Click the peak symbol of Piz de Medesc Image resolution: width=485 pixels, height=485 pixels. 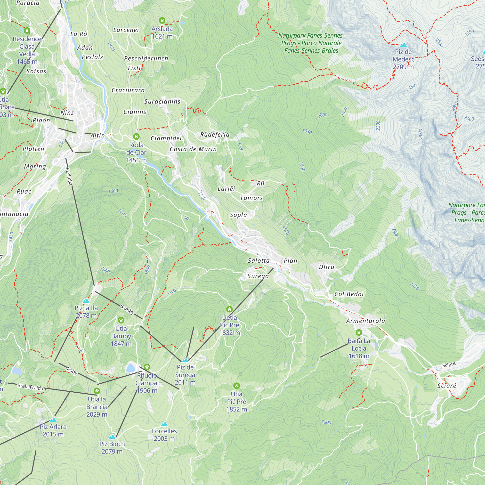click(x=403, y=45)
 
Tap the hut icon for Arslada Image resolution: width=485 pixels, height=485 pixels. click(x=162, y=20)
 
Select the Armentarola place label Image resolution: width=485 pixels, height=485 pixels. click(x=365, y=321)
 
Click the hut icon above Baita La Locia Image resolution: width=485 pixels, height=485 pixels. click(x=359, y=333)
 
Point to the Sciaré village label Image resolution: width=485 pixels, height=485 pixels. click(x=447, y=386)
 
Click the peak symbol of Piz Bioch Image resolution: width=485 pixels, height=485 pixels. click(x=112, y=437)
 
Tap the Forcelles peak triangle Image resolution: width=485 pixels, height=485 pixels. click(x=164, y=424)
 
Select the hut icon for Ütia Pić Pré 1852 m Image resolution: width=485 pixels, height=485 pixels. click(x=236, y=386)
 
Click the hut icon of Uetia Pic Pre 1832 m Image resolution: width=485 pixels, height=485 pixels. click(x=229, y=309)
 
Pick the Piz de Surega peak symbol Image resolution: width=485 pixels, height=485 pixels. click(x=185, y=360)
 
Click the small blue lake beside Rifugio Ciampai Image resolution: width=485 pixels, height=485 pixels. click(x=130, y=368)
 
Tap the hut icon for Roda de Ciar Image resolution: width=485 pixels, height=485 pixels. click(x=136, y=137)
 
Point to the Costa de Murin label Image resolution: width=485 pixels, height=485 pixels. click(x=193, y=149)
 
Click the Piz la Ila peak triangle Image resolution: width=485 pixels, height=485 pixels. click(x=86, y=301)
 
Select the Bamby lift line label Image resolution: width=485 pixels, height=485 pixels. click(x=127, y=309)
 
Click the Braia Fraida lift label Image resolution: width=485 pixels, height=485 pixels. click(x=30, y=387)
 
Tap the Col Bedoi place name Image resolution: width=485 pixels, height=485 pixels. click(x=349, y=294)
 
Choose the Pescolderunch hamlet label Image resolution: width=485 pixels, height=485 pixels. click(x=146, y=58)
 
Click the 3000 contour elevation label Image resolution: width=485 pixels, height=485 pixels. click(x=469, y=119)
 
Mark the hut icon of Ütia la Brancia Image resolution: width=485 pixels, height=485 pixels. click(x=97, y=391)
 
